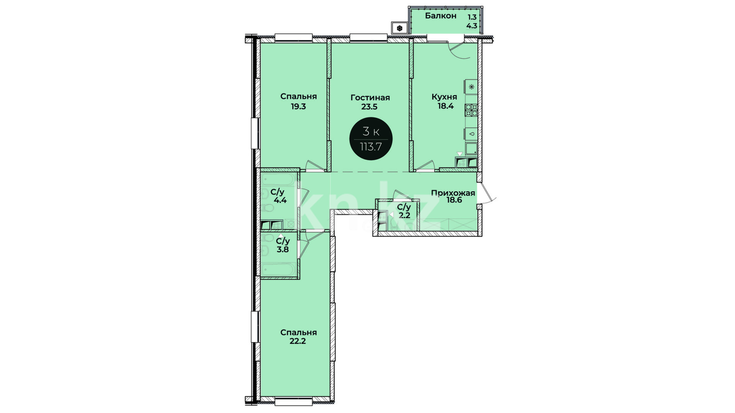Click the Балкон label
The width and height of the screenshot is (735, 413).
click(441, 16)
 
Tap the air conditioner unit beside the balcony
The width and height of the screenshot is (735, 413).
click(399, 28)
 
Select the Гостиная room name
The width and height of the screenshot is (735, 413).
click(370, 98)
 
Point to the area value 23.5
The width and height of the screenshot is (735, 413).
click(369, 107)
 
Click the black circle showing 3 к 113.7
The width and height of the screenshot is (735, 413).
click(371, 138)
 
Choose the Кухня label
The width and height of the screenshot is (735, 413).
click(444, 97)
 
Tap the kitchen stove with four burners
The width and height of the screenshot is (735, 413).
click(471, 110)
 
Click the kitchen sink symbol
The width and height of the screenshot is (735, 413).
click(471, 134)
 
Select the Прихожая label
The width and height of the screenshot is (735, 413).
click(453, 193)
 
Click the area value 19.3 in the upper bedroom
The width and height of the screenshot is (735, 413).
click(298, 107)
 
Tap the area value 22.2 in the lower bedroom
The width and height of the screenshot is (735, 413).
click(298, 341)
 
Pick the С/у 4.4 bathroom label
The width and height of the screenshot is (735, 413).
click(279, 196)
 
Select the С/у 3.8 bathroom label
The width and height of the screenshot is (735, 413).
click(283, 245)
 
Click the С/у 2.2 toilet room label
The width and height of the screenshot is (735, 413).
click(404, 211)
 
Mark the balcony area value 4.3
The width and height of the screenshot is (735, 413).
click(472, 26)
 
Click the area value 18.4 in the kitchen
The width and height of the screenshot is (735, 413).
click(446, 106)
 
